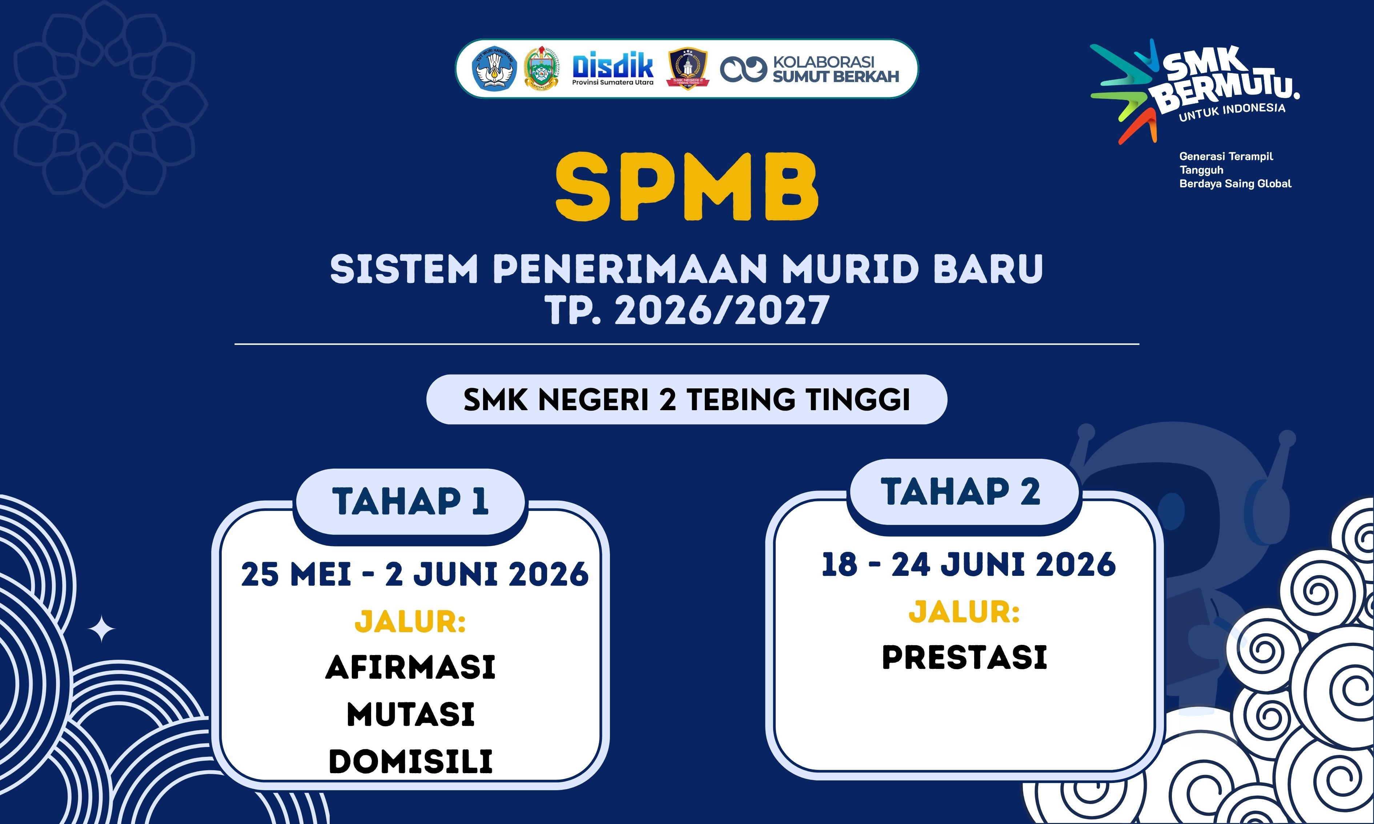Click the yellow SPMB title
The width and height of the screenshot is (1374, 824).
[x=687, y=187]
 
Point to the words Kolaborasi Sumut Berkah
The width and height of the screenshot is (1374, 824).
[x=835, y=69]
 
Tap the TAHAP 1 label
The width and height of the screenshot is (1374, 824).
[x=410, y=501]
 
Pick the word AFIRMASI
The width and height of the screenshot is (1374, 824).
[x=410, y=667]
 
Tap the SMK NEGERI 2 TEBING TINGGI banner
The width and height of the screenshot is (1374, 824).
[x=686, y=400]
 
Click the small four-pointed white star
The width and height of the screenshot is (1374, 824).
[x=102, y=629]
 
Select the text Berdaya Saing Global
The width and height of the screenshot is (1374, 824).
[x=1235, y=184]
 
